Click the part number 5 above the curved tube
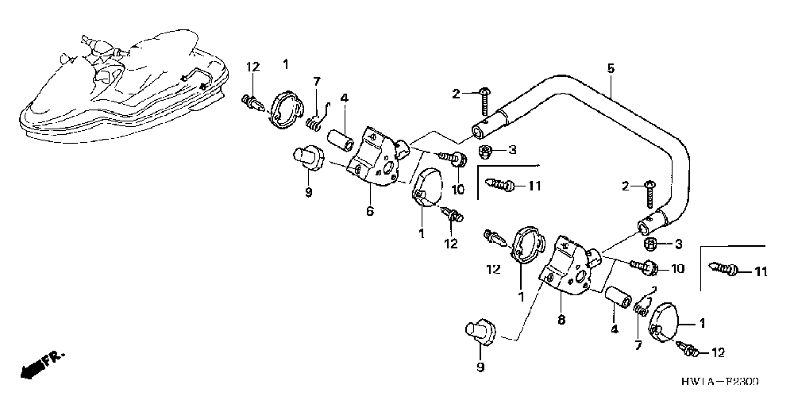[610, 69]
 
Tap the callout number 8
[561, 320]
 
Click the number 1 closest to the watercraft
[286, 63]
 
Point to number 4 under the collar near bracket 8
[614, 329]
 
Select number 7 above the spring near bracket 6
[316, 82]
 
